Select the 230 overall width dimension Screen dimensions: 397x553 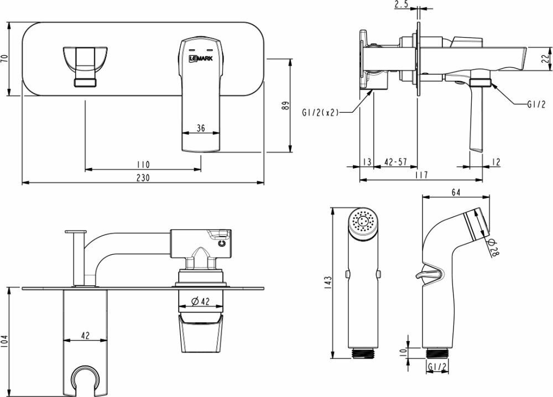point(143,177)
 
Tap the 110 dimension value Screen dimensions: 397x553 point(143,165)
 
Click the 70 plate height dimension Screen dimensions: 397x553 point(5,59)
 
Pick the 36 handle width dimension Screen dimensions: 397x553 point(201,128)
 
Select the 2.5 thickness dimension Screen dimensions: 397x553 point(401,6)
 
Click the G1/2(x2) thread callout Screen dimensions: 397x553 point(320,112)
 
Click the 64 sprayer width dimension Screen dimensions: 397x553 point(456,192)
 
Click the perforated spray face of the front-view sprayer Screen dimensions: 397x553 point(362,223)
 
